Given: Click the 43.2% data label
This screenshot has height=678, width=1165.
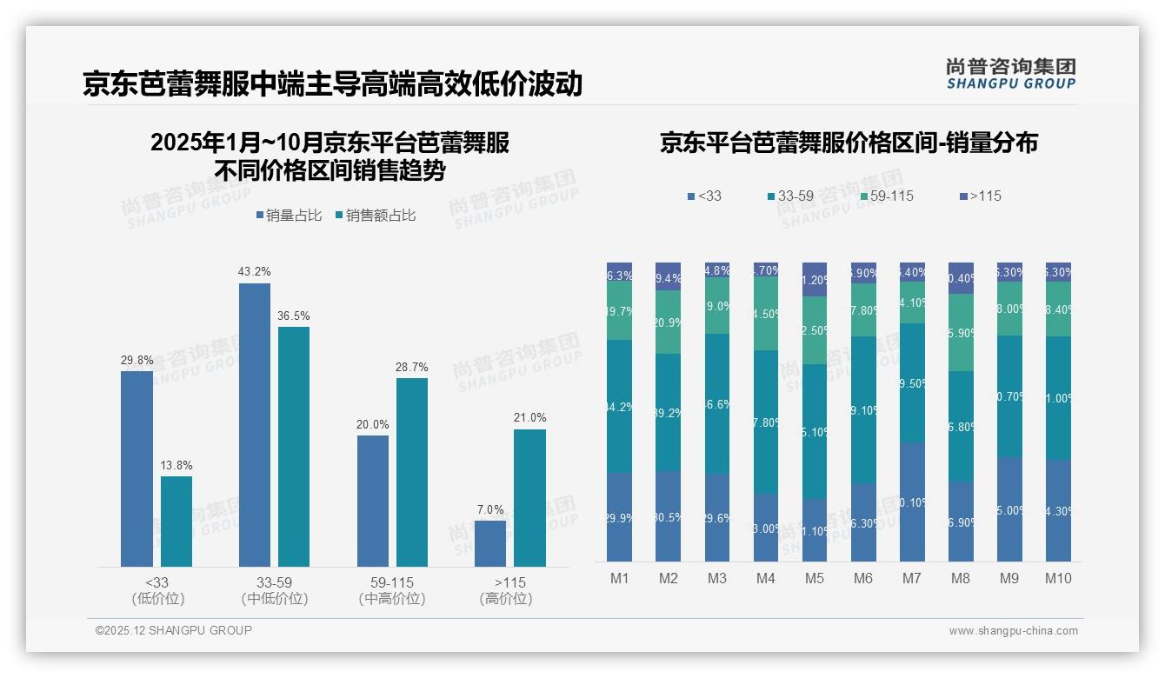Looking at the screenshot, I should (x=254, y=272).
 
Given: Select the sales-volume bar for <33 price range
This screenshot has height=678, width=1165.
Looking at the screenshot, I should (x=136, y=469).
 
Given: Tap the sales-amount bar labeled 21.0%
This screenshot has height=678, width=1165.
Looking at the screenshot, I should (x=529, y=498).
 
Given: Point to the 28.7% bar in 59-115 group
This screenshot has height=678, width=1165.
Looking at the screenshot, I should (x=412, y=472).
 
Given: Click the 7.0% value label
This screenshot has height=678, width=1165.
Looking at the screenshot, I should (x=489, y=509).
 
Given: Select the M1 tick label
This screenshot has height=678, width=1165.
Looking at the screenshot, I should (x=619, y=578).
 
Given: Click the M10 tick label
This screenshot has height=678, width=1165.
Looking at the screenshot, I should (x=1058, y=578).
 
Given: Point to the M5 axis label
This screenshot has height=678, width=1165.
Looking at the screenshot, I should (x=815, y=578).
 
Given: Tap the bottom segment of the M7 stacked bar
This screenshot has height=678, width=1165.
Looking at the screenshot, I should (x=912, y=502).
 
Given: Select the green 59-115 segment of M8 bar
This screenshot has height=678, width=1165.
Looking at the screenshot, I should (x=961, y=332).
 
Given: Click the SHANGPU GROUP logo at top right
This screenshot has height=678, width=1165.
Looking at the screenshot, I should (x=1010, y=74).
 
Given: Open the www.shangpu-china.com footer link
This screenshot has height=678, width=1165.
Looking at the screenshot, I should (x=1013, y=631).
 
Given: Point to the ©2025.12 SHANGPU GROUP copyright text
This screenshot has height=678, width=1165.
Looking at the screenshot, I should (x=174, y=630).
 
